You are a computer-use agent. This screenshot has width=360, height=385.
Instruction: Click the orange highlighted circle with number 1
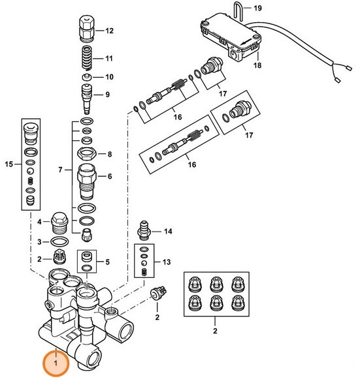click(x=56, y=362)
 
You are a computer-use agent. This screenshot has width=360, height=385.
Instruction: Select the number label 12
click(x=109, y=31)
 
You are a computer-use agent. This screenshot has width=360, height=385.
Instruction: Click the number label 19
click(x=257, y=8)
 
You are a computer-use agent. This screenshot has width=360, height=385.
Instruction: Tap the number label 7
click(x=60, y=170)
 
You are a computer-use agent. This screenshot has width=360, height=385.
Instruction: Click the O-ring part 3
click(x=59, y=242)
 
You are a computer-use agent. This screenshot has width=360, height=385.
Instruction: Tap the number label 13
click(x=167, y=262)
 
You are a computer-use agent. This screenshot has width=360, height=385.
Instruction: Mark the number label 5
click(x=108, y=262)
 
